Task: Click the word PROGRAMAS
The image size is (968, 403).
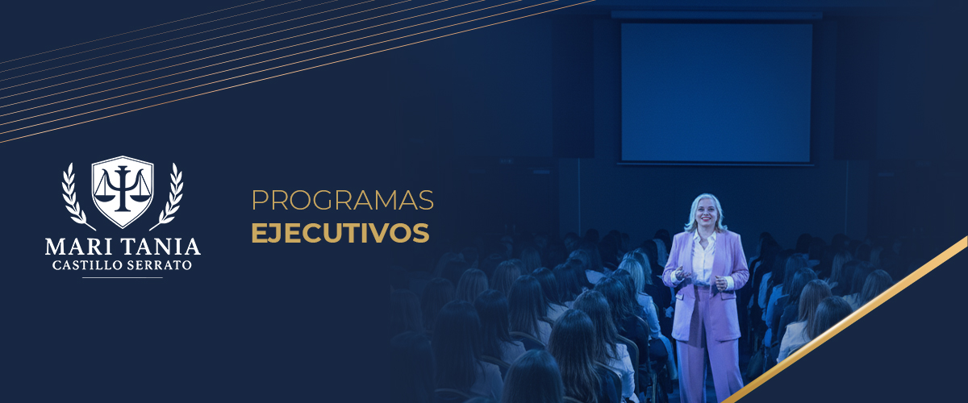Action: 342,200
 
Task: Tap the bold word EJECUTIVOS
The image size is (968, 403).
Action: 340,233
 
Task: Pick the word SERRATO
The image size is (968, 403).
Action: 159,265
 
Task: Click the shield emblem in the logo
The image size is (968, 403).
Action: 123,191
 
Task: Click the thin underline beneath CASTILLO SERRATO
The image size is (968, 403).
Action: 123,277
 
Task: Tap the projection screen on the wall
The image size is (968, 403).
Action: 716,93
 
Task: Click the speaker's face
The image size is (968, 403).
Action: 706,213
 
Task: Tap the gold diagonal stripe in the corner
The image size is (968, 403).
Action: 845,320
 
